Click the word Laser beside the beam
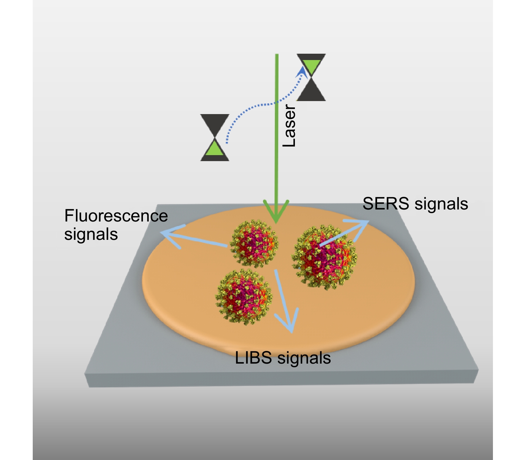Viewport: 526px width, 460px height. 289,126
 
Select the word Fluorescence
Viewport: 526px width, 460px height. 116,216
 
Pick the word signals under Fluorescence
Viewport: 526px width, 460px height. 91,235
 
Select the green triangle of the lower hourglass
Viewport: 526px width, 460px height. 214,149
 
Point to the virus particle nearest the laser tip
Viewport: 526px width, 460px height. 254,244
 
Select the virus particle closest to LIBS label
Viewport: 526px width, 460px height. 244,297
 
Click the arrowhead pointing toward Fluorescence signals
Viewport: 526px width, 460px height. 167,234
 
